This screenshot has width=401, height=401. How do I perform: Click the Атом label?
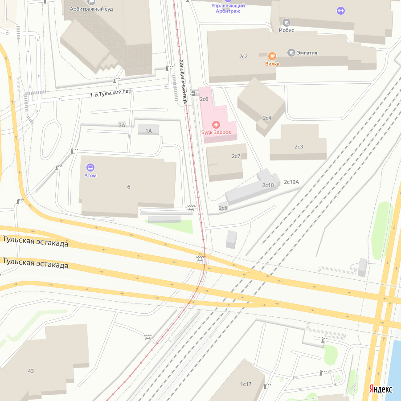pyautogui.click(x=90, y=175)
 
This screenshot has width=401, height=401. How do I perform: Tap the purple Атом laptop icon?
pyautogui.click(x=90, y=168)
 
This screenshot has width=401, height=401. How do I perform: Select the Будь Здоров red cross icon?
pyautogui.click(x=216, y=125)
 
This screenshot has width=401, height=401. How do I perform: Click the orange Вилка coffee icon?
pyautogui.click(x=272, y=56)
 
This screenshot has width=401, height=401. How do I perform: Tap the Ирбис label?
pyautogui.click(x=286, y=30)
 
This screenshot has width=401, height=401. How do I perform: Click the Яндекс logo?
pyautogui.click(x=381, y=389)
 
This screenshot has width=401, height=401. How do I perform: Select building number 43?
pyautogui.click(x=31, y=371)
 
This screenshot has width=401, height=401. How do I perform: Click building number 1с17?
pyautogui.click(x=246, y=384)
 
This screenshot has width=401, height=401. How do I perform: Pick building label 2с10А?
pyautogui.click(x=291, y=182)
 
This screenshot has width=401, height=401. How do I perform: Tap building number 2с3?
pyautogui.click(x=299, y=147)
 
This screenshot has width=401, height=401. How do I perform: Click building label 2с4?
pyautogui.click(x=267, y=118)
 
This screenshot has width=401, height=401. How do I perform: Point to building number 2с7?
pyautogui.click(x=236, y=156)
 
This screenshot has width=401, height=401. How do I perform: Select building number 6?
pyautogui.click(x=129, y=187)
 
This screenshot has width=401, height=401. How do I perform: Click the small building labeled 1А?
pyautogui.click(x=148, y=131)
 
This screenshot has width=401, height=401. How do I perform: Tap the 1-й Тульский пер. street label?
pyautogui.click(x=111, y=92)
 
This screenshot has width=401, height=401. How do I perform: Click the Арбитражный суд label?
pyautogui.click(x=91, y=9)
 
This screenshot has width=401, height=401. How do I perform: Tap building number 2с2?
pyautogui.click(x=243, y=57)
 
